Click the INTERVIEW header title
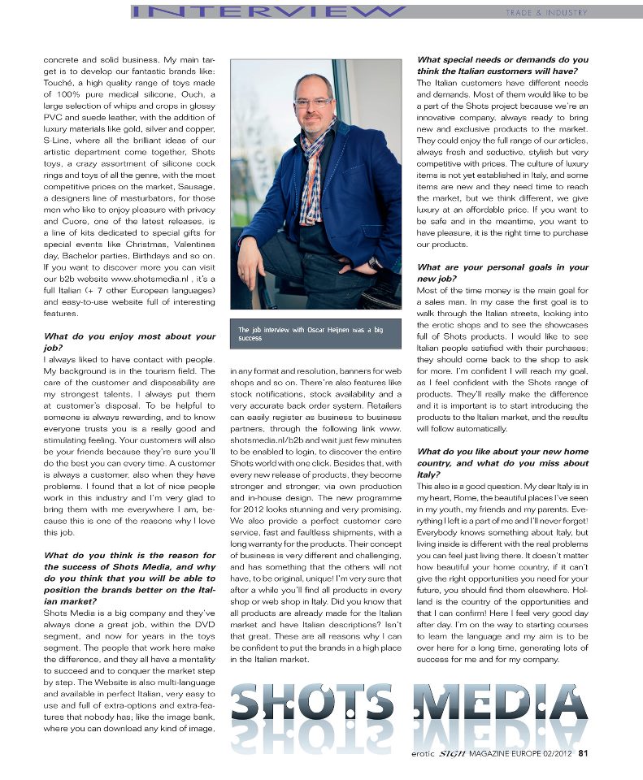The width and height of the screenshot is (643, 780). [268, 11]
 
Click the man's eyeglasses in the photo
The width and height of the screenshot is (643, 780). [313, 103]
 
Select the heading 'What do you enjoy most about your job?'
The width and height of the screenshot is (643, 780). [118, 341]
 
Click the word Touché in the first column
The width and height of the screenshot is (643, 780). [62, 95]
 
